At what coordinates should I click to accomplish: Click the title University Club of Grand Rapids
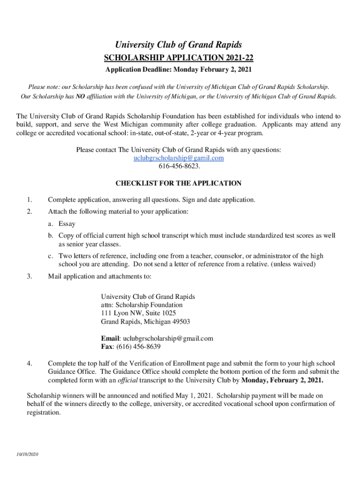pyautogui.click(x=179, y=45)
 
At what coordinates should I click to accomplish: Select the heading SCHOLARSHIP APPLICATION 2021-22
pyautogui.click(x=179, y=58)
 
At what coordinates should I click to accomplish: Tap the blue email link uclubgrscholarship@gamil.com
pyautogui.click(x=179, y=158)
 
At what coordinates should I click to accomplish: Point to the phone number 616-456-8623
pyautogui.click(x=179, y=166)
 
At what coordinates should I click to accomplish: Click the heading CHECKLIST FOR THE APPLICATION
pyautogui.click(x=179, y=183)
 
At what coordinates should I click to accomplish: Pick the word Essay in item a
pyautogui.click(x=67, y=224)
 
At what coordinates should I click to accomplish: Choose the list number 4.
pyautogui.click(x=29, y=363)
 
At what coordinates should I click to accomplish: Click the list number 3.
pyautogui.click(x=29, y=276)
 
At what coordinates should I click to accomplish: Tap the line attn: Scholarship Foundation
pyautogui.click(x=142, y=305)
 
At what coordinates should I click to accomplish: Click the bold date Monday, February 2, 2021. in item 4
pyautogui.click(x=281, y=380)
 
